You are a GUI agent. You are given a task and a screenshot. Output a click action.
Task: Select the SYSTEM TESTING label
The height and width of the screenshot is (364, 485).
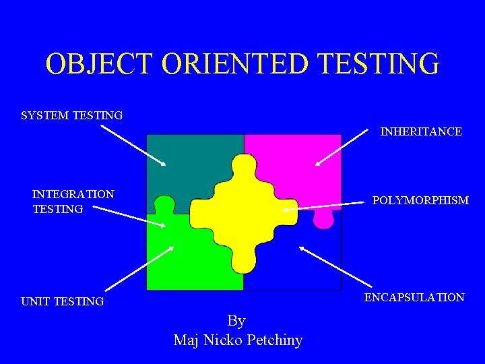coord(72,115)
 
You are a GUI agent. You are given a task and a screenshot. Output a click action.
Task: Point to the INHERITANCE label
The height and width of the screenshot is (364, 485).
coord(421,132)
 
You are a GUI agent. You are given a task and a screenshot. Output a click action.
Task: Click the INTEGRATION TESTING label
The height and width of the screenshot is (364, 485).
coord(73,202)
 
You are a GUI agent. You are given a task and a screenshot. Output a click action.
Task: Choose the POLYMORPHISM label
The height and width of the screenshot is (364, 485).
coord(420,201)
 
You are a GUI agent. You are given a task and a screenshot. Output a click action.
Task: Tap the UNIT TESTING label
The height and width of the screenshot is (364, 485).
coord(62,301)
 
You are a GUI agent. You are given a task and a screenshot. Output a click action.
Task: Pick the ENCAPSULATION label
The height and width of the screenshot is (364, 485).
coord(414,297)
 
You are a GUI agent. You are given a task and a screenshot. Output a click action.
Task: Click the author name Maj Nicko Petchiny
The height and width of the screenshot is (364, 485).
coord(238,340)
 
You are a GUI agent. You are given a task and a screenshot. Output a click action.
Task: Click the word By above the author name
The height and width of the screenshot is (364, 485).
coord(236,321)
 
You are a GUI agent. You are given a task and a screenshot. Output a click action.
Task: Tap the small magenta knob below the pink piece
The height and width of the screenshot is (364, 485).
coord(323,218)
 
